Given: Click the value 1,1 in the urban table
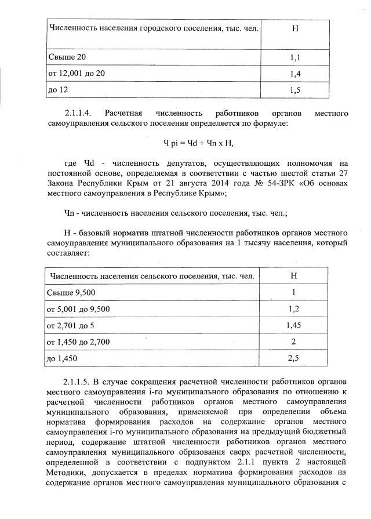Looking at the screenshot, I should pyautogui.click(x=296, y=58).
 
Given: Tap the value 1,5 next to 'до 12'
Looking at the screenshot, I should pyautogui.click(x=296, y=90).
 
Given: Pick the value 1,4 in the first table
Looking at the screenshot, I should pyautogui.click(x=296, y=74).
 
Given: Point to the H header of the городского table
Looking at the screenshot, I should pyautogui.click(x=296, y=28).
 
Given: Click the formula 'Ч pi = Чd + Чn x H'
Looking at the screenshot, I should pyautogui.click(x=198, y=142).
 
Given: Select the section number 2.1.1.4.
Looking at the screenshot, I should pyautogui.click(x=82, y=113).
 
